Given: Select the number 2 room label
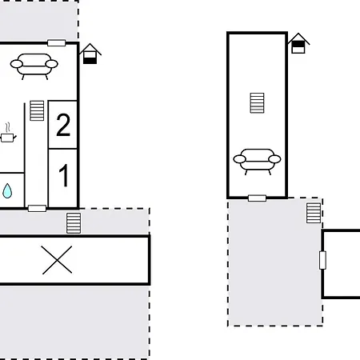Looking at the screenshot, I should click(63, 125).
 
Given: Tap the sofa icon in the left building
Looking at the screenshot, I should click(34, 65).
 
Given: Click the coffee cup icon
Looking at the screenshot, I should click(8, 138).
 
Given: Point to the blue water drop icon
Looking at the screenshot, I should click(7, 190).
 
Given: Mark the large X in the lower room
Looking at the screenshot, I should click(57, 260).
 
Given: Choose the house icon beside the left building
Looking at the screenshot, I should click(90, 54).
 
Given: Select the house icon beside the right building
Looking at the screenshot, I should click(298, 44).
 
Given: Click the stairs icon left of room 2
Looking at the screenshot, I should click(37, 110).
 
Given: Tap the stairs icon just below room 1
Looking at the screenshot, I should click(74, 222).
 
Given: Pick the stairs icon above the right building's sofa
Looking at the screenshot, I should click(257, 103).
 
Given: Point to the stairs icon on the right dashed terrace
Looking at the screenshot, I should click(314, 212).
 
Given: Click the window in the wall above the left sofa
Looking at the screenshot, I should click(57, 42).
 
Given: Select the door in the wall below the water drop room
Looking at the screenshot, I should click(37, 208).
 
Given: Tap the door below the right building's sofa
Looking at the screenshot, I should click(257, 198).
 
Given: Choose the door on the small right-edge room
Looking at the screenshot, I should click(323, 260).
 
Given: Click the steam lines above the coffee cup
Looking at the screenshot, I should click(8, 126).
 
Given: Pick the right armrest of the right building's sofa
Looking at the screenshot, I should click(274, 159).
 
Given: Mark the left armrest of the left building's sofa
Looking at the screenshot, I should click(18, 63).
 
